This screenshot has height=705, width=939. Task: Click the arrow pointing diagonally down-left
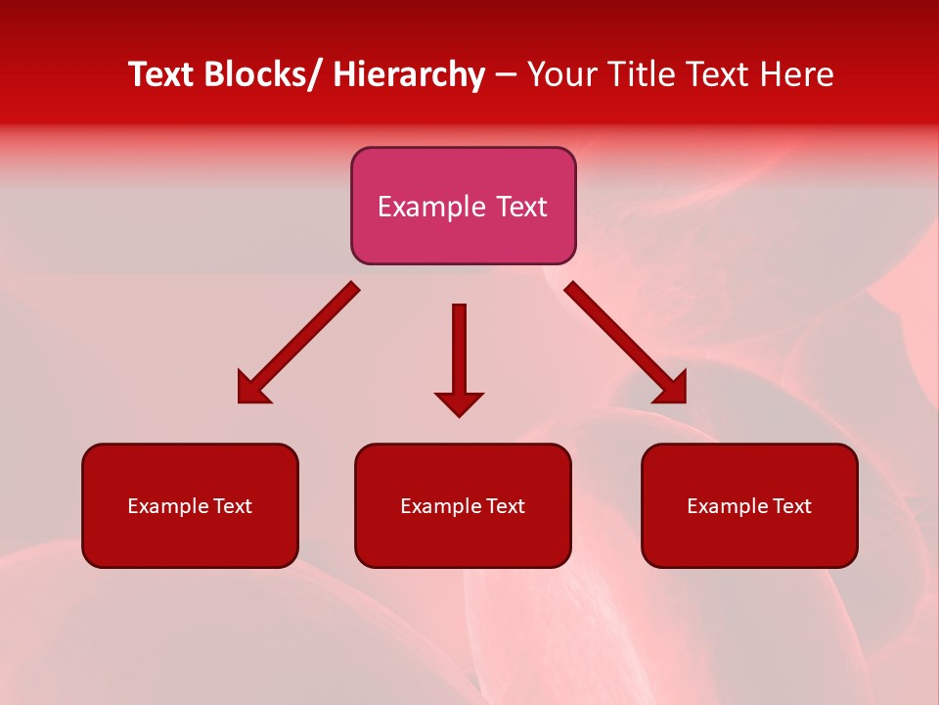(x=298, y=343)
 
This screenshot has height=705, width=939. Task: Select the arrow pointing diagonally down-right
(x=626, y=343)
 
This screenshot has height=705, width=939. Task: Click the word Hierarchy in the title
(x=409, y=74)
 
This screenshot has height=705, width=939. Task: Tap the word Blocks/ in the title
(x=258, y=74)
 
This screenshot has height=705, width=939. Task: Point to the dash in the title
(x=506, y=75)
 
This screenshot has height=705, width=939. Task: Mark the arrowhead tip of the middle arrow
(x=459, y=416)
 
